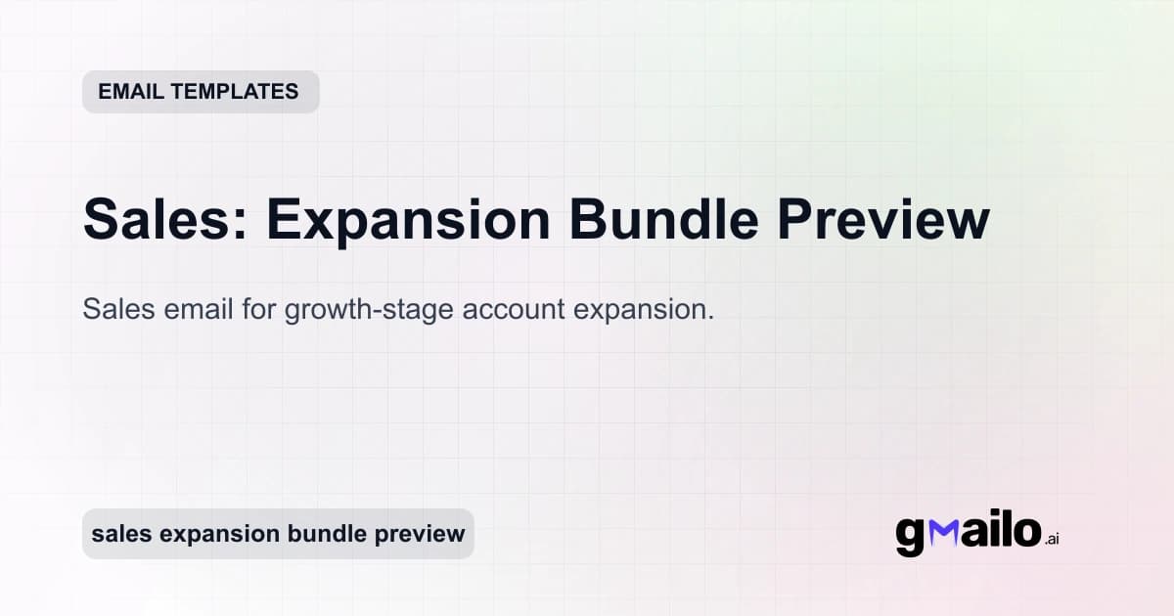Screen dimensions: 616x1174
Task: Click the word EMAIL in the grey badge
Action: click(131, 92)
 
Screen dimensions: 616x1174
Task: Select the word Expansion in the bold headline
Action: click(409, 220)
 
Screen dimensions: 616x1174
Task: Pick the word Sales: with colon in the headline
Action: click(165, 220)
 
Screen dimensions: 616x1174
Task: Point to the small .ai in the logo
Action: click(1052, 539)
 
